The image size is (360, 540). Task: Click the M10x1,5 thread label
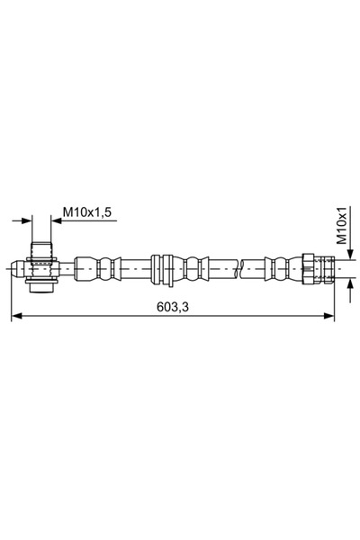point(86,212)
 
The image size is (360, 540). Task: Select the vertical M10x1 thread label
point(342,226)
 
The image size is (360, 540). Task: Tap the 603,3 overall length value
point(172,307)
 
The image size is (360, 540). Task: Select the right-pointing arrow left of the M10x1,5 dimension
point(25,220)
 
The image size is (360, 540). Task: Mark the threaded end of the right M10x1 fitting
point(328,266)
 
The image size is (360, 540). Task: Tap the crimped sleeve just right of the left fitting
point(95,266)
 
